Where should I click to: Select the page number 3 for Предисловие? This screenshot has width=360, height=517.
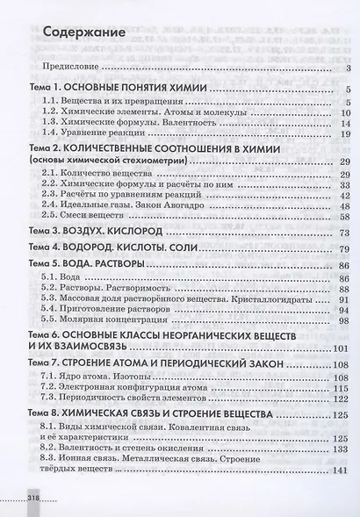(x=349, y=68)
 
